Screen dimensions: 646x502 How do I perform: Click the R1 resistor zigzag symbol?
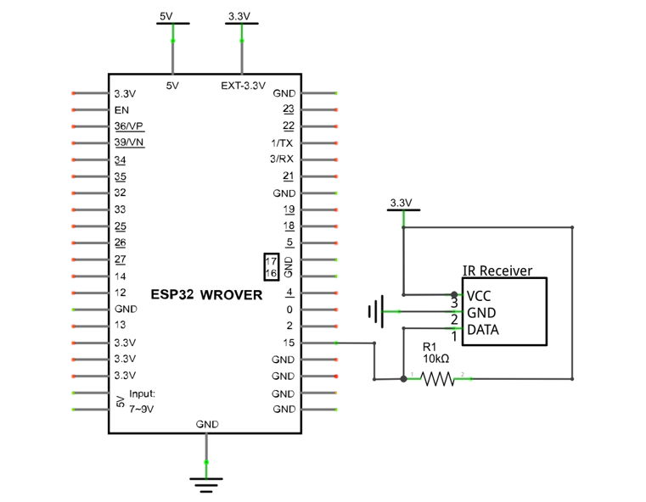[437, 378]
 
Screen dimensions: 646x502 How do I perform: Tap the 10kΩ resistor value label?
[435, 359]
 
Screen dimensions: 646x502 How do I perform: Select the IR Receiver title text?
[497, 271]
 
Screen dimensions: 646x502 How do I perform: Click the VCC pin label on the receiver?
[479, 296]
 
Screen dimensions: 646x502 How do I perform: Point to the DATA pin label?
[483, 330]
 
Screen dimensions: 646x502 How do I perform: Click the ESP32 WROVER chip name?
[206, 294]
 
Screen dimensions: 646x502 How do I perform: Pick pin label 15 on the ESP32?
[289, 343]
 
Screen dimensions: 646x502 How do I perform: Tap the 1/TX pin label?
[282, 143]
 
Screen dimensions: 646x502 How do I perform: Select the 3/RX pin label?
[282, 159]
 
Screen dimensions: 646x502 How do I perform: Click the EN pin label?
[121, 110]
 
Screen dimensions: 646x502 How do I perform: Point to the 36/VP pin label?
[129, 126]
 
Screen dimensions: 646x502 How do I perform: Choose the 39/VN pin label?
[129, 142]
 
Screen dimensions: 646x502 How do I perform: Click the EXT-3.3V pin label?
[243, 86]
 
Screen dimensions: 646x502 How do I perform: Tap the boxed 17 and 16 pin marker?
[271, 267]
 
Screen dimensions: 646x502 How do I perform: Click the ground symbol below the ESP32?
[206, 485]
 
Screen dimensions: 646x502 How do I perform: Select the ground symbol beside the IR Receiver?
[377, 311]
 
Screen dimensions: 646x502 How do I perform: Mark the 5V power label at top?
[166, 16]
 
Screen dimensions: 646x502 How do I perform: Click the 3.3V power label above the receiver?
[401, 203]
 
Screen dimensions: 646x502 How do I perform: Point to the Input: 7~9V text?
[142, 401]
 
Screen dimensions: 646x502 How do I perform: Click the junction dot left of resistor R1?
[404, 378]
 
